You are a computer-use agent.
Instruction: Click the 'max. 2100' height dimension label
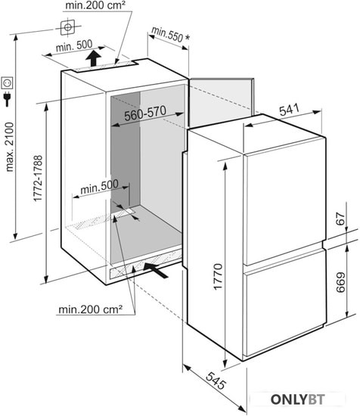[10, 147]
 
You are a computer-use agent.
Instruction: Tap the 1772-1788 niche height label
[38, 179]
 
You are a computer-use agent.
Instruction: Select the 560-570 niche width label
[145, 113]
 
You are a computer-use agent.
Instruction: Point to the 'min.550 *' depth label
[171, 35]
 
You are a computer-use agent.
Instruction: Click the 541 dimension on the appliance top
[289, 110]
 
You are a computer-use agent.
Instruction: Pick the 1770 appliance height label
[218, 276]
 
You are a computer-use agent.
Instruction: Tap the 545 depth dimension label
[216, 380]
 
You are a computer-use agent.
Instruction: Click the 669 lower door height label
[340, 282]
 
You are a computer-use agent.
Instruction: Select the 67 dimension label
[340, 219]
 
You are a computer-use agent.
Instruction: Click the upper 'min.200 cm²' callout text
[95, 5]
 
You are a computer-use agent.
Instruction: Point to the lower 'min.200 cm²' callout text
[91, 309]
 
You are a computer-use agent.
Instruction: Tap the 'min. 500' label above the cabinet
[74, 46]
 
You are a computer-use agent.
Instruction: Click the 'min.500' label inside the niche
[99, 187]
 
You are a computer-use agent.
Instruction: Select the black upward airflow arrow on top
[94, 58]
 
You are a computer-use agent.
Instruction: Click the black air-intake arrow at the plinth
[156, 270]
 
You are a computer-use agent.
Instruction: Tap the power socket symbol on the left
[7, 83]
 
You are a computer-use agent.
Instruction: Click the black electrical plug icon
[7, 99]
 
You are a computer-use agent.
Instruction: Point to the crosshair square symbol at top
[67, 27]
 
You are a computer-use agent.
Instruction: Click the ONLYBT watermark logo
[298, 399]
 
